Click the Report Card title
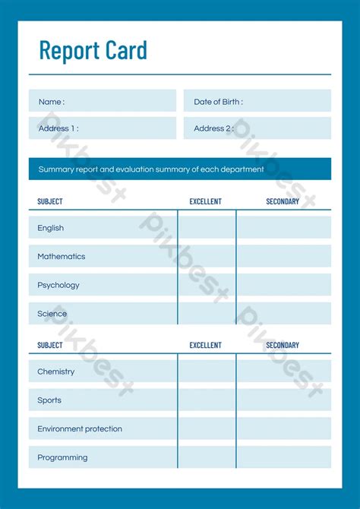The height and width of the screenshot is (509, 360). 93,50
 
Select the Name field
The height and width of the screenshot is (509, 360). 103,101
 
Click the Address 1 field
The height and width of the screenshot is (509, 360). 103,128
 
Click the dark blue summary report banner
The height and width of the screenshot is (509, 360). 180,169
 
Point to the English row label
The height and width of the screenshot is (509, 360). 51,228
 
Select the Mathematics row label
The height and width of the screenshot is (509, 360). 62,257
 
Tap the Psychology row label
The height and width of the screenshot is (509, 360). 58,285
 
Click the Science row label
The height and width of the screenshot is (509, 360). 52,314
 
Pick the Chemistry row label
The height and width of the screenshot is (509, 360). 56,371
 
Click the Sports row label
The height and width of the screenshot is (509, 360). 49,400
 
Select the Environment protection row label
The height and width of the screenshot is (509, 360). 80,428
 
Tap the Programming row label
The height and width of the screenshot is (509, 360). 62,457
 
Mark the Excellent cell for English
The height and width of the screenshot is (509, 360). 207,228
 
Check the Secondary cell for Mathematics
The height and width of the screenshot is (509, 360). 284,257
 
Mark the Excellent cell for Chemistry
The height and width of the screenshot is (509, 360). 207,371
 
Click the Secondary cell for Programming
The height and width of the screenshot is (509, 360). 284,457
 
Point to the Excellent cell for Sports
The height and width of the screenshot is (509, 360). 207,400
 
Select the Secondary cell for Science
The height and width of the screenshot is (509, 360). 284,314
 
